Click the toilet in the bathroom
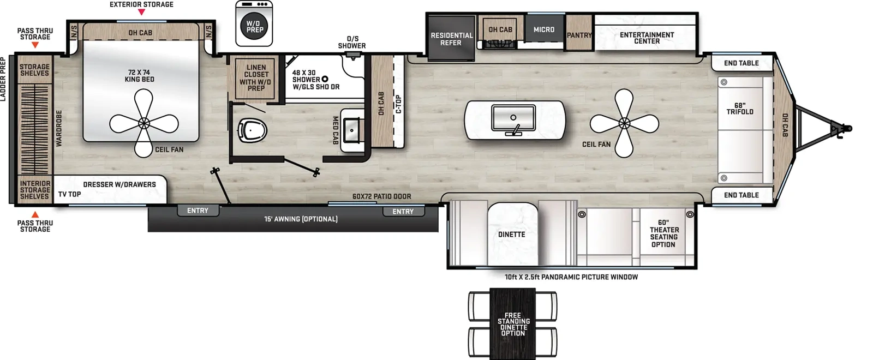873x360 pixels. click(x=253, y=130)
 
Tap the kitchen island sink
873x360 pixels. click(x=513, y=118)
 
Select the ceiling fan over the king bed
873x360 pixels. click(x=144, y=123)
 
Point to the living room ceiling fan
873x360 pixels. click(x=624, y=123)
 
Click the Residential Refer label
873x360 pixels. click(x=451, y=39)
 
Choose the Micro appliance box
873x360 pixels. click(x=544, y=28)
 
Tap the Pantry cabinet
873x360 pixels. click(x=579, y=33)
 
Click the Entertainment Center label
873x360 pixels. click(x=647, y=38)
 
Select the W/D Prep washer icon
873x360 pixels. click(x=254, y=23)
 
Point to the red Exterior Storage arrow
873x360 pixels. click(x=142, y=12)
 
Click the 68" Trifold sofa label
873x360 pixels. click(x=740, y=109)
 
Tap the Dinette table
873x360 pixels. click(x=512, y=234)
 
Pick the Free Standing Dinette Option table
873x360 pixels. click(x=512, y=324)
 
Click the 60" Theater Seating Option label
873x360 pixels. click(x=664, y=233)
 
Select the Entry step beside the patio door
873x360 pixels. click(x=403, y=212)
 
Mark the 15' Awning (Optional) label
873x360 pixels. click(x=301, y=219)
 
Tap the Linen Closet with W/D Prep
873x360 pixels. click(x=256, y=78)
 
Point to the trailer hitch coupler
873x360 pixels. click(x=844, y=129)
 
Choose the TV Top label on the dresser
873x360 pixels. click(x=70, y=194)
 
